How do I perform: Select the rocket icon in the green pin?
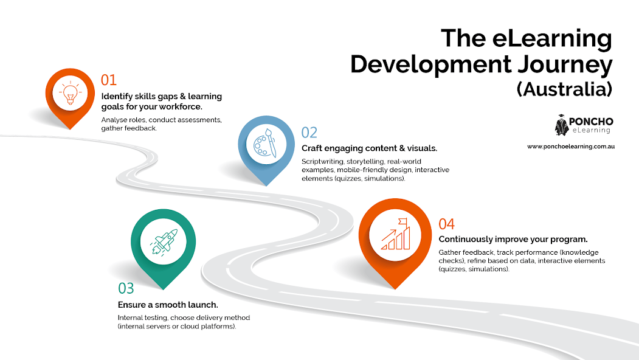(164, 241)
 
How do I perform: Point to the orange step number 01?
(109, 80)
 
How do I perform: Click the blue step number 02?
(309, 133)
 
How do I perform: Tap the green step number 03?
(126, 289)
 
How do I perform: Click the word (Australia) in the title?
(564, 89)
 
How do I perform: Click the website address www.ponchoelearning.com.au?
(571, 147)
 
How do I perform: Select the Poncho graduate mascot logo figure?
(561, 125)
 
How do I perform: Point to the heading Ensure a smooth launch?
(168, 305)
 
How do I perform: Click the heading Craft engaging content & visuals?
(369, 148)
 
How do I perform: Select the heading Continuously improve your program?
(513, 239)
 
